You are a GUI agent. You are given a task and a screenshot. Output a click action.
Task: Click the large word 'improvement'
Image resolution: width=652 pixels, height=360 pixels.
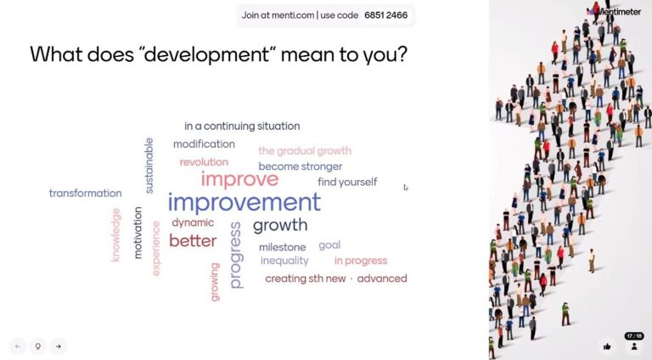click(x=244, y=202)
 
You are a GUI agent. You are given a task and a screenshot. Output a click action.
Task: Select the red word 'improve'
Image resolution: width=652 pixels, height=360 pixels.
click(x=239, y=179)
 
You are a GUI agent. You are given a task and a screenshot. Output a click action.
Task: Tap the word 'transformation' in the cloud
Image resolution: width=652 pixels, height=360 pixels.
click(x=85, y=193)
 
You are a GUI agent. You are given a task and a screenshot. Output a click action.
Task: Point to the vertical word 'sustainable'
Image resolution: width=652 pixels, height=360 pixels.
click(x=149, y=166)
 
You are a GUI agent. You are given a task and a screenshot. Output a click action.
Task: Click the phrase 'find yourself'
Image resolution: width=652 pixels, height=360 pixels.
click(x=347, y=182)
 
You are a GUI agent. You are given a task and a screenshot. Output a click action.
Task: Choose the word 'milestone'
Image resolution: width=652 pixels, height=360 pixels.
click(x=283, y=247)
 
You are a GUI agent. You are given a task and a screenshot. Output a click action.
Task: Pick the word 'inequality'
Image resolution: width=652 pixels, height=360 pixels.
click(x=284, y=261)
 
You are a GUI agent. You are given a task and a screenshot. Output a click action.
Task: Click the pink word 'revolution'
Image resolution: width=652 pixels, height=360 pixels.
click(x=204, y=161)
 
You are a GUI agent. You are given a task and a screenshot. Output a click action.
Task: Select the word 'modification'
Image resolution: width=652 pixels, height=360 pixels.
click(x=204, y=143)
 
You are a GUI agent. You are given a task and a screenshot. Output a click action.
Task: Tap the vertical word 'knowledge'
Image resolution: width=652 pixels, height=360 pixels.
click(x=115, y=235)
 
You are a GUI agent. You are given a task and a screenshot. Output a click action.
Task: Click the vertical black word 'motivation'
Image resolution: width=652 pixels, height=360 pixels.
click(x=138, y=233)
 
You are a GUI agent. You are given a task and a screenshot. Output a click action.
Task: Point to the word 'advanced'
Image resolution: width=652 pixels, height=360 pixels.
click(x=382, y=278)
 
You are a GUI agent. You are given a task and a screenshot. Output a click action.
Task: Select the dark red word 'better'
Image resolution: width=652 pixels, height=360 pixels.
click(x=193, y=240)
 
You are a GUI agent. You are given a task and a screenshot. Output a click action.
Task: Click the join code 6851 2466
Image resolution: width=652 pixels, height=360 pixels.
click(x=386, y=15)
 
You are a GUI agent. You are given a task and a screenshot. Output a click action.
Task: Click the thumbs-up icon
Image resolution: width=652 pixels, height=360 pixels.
click(x=607, y=346)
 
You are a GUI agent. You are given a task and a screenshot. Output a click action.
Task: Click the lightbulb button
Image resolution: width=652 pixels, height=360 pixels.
click(x=38, y=346)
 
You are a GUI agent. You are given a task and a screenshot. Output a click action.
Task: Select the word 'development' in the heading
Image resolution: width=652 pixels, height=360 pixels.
click(x=207, y=54)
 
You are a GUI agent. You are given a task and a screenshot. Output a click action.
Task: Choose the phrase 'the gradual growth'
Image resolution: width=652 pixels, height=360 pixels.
click(x=305, y=150)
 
